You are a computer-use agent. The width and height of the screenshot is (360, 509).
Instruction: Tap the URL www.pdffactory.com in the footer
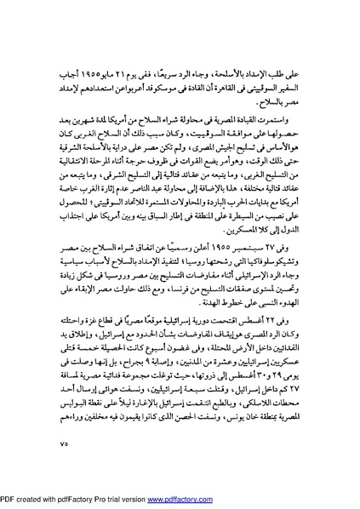pos(295,500)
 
